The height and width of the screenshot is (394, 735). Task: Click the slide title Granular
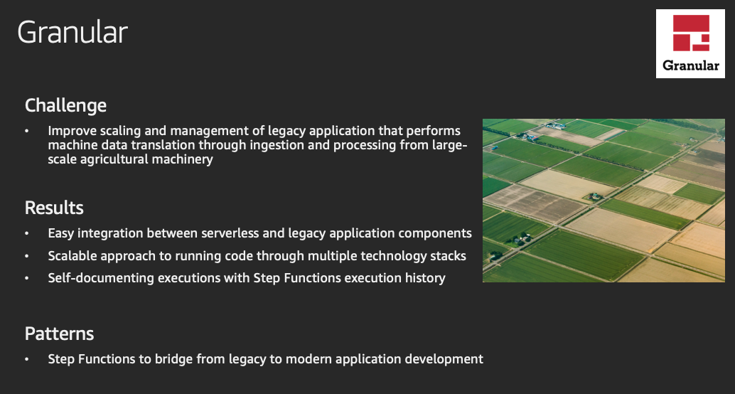point(73,33)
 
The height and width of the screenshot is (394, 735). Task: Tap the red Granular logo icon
point(691,33)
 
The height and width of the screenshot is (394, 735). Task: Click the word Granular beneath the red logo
point(690,65)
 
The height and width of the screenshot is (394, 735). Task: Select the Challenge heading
point(65,105)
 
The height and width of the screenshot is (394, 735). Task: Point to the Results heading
point(54,208)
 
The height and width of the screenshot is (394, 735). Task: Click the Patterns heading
point(59,334)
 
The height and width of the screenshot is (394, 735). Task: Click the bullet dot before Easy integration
point(27,233)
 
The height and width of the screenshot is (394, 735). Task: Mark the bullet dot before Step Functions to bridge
point(27,359)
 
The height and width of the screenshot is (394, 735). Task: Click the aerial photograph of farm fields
point(603,201)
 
